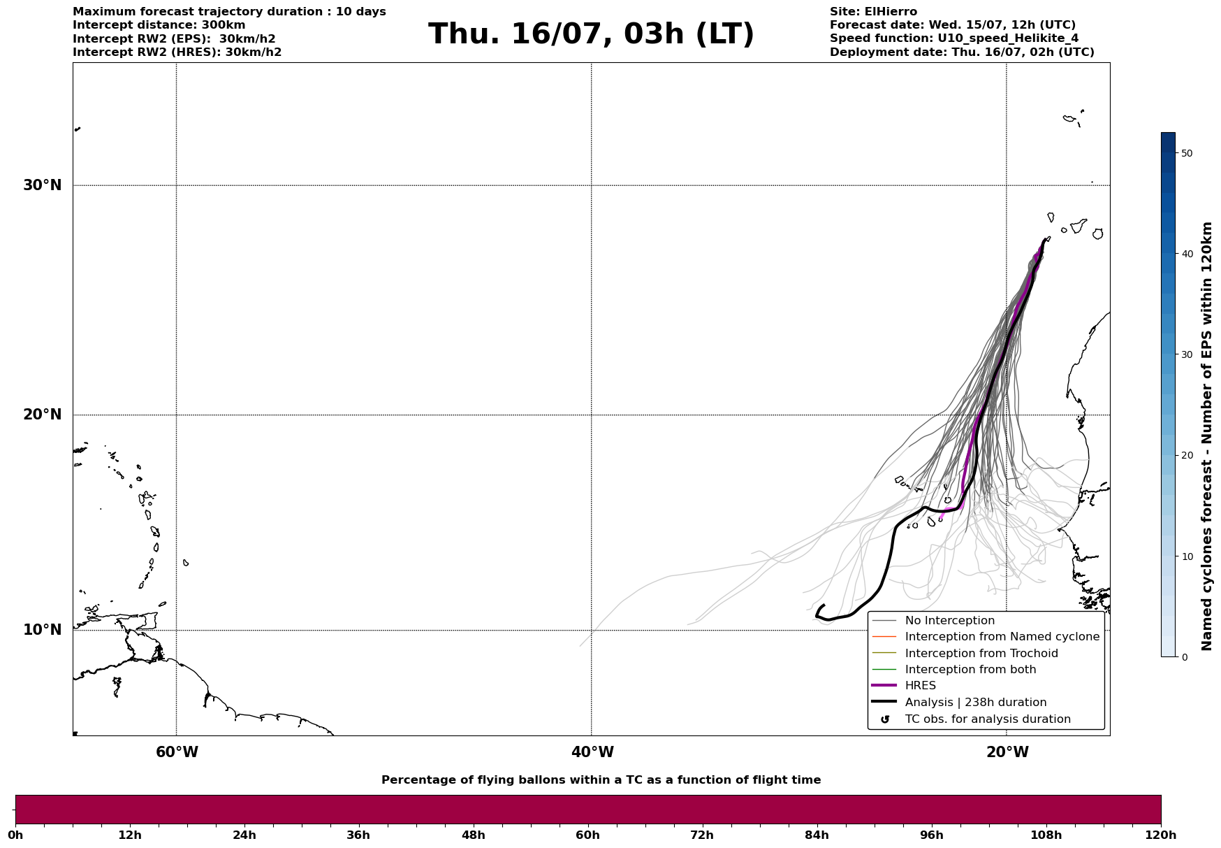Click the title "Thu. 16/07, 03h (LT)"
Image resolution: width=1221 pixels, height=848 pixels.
591,34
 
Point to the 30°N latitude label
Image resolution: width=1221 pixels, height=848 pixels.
42,185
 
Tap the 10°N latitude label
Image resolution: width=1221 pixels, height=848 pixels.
42,630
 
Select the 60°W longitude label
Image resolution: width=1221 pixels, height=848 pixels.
177,752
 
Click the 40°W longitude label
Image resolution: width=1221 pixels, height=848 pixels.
592,752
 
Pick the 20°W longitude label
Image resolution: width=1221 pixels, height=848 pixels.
1007,752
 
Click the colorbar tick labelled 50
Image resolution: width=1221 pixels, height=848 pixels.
1187,153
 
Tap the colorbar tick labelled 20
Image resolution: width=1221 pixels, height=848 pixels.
1187,456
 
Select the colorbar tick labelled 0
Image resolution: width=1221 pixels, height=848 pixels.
1184,657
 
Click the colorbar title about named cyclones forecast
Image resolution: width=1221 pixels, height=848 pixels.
1206,436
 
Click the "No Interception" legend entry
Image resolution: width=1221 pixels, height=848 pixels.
933,621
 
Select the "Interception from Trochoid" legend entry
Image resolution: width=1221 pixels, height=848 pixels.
965,654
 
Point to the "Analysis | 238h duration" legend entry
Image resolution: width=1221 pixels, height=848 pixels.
959,703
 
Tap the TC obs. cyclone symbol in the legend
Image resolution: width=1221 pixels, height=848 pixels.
885,719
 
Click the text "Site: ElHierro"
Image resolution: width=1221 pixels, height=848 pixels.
873,12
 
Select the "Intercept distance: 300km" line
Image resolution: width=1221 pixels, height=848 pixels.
159,25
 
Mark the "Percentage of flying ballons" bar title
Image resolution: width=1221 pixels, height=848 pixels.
601,780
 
